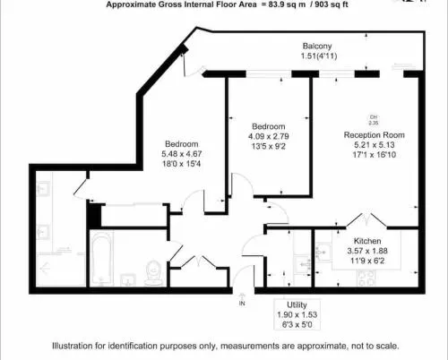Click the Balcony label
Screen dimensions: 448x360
pyautogui.click(x=317, y=46)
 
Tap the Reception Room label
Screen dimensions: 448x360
pyautogui.click(x=375, y=135)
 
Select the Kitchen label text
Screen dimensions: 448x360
pyautogui.click(x=367, y=241)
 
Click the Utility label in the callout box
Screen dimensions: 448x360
pyautogui.click(x=297, y=304)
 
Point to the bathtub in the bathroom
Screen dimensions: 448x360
pyautogui.click(x=102, y=259)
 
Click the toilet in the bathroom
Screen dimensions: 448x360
pyautogui.click(x=153, y=272)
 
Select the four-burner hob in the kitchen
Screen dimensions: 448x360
pyautogui.click(x=366, y=278)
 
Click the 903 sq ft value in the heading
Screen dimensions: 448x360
pyautogui.click(x=330, y=4)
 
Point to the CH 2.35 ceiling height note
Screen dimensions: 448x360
pyautogui.click(x=374, y=120)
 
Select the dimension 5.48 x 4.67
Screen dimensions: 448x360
pyautogui.click(x=182, y=154)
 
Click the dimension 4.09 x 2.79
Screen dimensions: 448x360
pyautogui.click(x=269, y=136)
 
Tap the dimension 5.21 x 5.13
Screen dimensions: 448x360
pyautogui.click(x=375, y=145)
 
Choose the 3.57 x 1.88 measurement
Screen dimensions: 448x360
pyautogui.click(x=367, y=251)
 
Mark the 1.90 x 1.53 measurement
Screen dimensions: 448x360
pyautogui.click(x=297, y=314)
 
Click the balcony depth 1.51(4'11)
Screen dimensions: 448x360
pyautogui.click(x=319, y=56)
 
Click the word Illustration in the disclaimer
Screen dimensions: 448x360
pyautogui.click(x=73, y=346)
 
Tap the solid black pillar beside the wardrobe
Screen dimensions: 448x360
pyautogui.click(x=95, y=216)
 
